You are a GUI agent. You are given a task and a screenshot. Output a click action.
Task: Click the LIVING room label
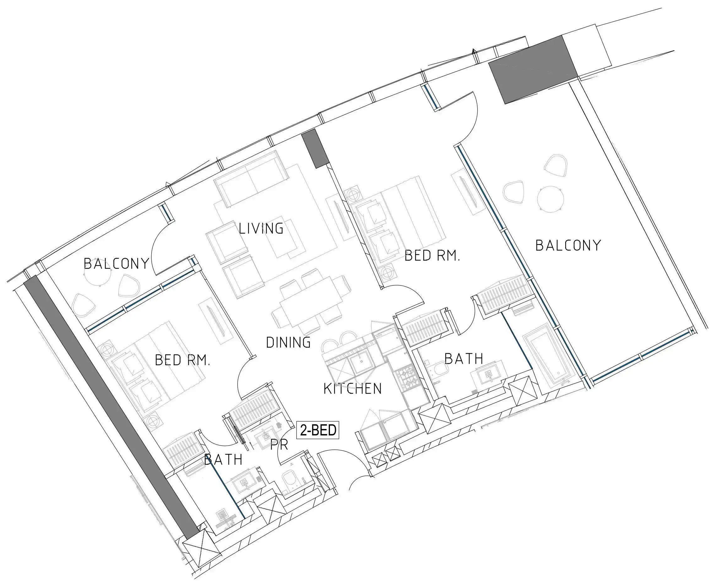coord(261,228)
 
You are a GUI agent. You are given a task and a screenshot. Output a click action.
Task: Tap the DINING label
coord(288,343)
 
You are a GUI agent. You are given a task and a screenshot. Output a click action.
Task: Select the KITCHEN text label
coord(353,389)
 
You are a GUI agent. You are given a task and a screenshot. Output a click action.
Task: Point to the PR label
coord(279,445)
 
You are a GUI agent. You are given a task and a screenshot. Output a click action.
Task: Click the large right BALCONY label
coord(568,246)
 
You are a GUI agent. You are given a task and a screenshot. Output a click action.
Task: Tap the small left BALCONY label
coord(116,264)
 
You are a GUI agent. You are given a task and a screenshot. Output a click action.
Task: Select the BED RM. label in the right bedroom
coord(432,256)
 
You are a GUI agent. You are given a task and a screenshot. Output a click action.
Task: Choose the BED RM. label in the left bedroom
coord(182,360)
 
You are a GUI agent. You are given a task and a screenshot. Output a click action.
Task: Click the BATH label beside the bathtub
coord(464,359)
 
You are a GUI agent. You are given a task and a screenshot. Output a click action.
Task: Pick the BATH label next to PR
coord(224,459)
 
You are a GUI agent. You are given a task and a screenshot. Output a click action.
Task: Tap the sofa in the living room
coord(251,178)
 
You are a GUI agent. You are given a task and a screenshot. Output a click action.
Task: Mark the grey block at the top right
coord(533,70)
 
